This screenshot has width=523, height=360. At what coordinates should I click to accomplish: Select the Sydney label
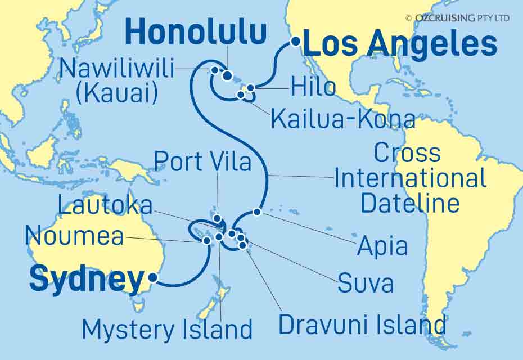point(86,280)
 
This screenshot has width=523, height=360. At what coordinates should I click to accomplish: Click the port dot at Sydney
point(152,277)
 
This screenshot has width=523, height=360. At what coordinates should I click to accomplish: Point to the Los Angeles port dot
point(295,41)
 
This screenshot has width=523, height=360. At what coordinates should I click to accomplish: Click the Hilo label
point(313,87)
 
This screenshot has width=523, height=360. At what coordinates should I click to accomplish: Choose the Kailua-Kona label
point(343,119)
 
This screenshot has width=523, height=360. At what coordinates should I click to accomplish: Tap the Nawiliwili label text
point(116,69)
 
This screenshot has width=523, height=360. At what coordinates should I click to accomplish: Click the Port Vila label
point(204,161)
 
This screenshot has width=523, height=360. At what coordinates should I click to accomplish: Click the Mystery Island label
point(167,329)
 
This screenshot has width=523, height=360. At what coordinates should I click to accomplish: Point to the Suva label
point(365,284)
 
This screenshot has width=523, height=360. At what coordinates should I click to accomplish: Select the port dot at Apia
point(257,212)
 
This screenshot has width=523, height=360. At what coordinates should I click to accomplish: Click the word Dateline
point(410,202)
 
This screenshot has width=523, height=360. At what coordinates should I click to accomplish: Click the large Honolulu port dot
point(227,76)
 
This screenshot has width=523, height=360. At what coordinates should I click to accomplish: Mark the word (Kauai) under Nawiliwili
point(117,93)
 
